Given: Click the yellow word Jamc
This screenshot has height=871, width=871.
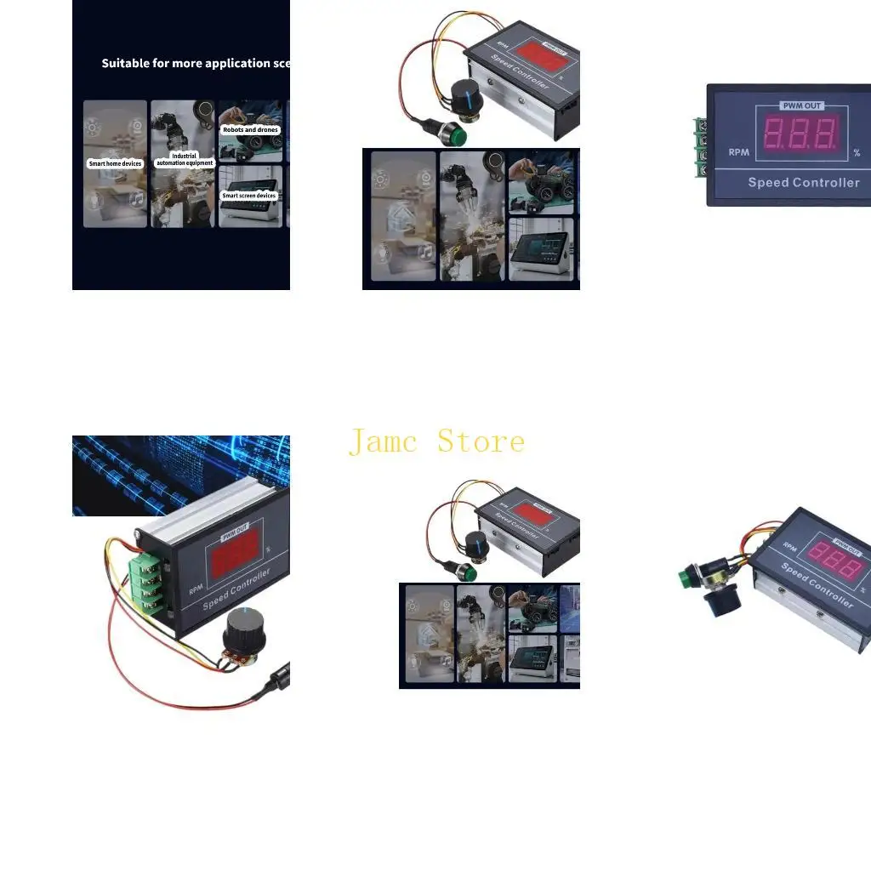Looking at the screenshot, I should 383,442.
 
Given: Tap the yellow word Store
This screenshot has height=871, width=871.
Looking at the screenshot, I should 481,442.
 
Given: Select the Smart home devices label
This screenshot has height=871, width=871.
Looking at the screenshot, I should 115,163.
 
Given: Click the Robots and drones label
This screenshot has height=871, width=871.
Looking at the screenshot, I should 250,130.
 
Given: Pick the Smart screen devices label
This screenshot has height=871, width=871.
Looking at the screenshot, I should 249,196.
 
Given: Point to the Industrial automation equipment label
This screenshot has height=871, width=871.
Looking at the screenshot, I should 184,160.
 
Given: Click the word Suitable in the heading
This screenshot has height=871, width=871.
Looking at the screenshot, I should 125,63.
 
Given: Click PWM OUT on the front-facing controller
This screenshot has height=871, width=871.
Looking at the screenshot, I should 801,106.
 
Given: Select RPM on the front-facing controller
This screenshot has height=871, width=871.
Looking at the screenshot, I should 738,153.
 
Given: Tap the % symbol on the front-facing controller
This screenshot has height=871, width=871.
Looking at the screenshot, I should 857,153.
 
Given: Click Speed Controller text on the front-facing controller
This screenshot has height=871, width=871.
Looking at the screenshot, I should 803,182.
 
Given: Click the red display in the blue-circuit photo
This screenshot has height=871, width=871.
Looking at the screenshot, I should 231,560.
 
